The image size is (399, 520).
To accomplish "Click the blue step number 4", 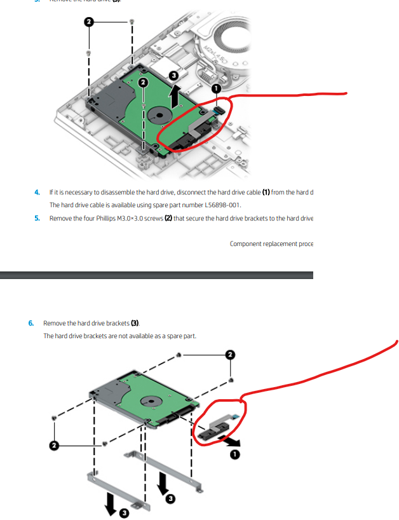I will [x=37, y=192].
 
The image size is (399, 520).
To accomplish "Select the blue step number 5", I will [x=37, y=218].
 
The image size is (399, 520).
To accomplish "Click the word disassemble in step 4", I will [x=115, y=192].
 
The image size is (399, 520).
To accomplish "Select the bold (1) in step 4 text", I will [x=266, y=192].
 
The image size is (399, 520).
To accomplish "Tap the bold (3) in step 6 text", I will [x=135, y=323].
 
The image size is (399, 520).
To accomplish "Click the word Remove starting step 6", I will [x=54, y=323].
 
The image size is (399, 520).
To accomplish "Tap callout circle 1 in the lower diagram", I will [x=235, y=455].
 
